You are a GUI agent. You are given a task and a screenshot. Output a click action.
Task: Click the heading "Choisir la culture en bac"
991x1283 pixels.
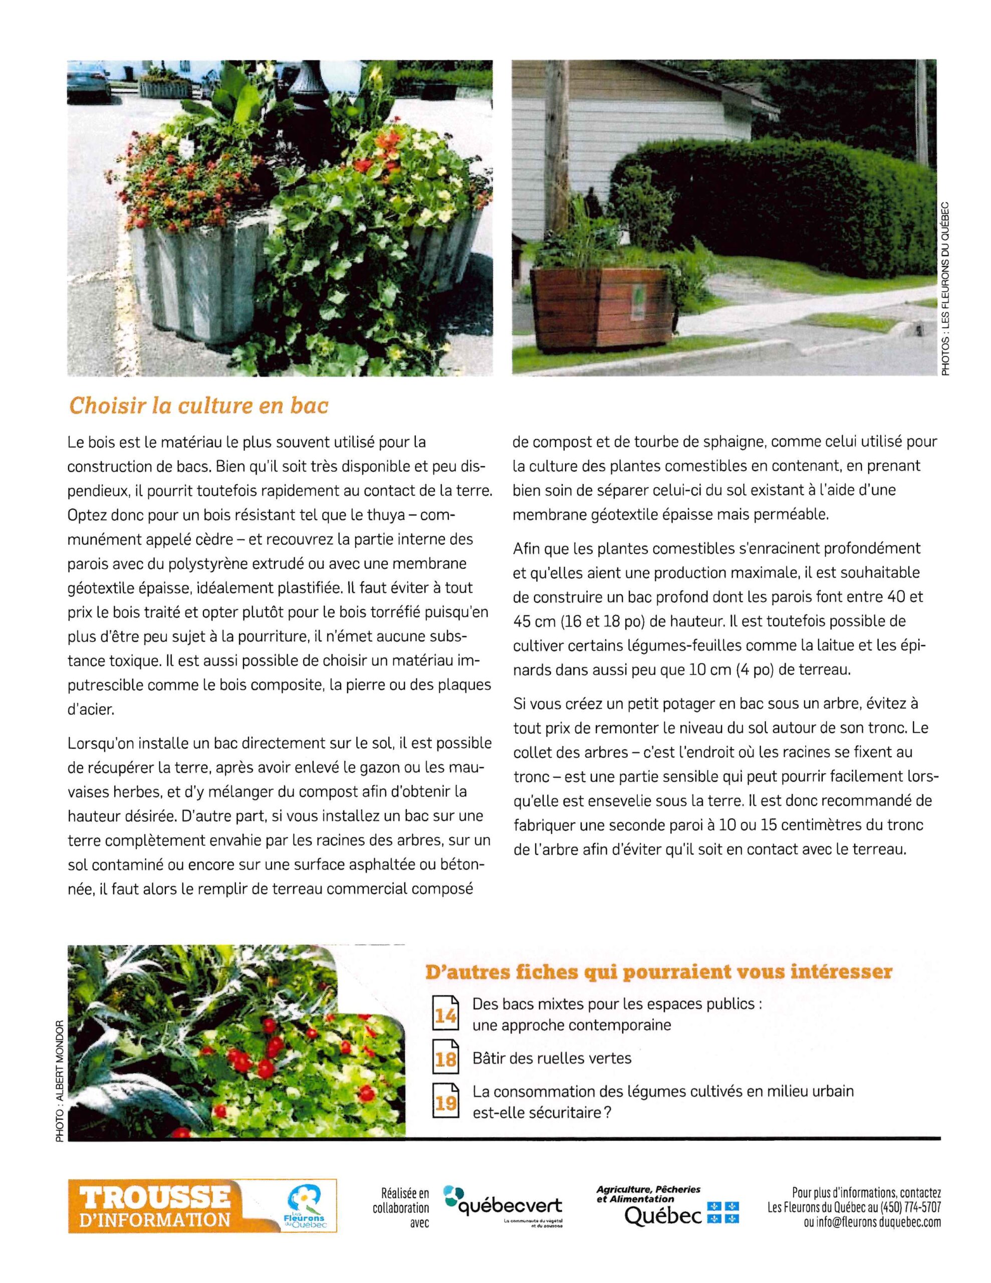click(x=198, y=406)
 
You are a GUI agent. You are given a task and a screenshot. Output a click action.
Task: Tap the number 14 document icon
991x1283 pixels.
click(x=445, y=1013)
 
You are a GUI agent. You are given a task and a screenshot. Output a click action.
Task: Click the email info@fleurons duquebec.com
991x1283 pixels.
click(x=872, y=1222)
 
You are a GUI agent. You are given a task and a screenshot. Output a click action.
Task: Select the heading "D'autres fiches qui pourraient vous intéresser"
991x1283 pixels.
click(x=658, y=972)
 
